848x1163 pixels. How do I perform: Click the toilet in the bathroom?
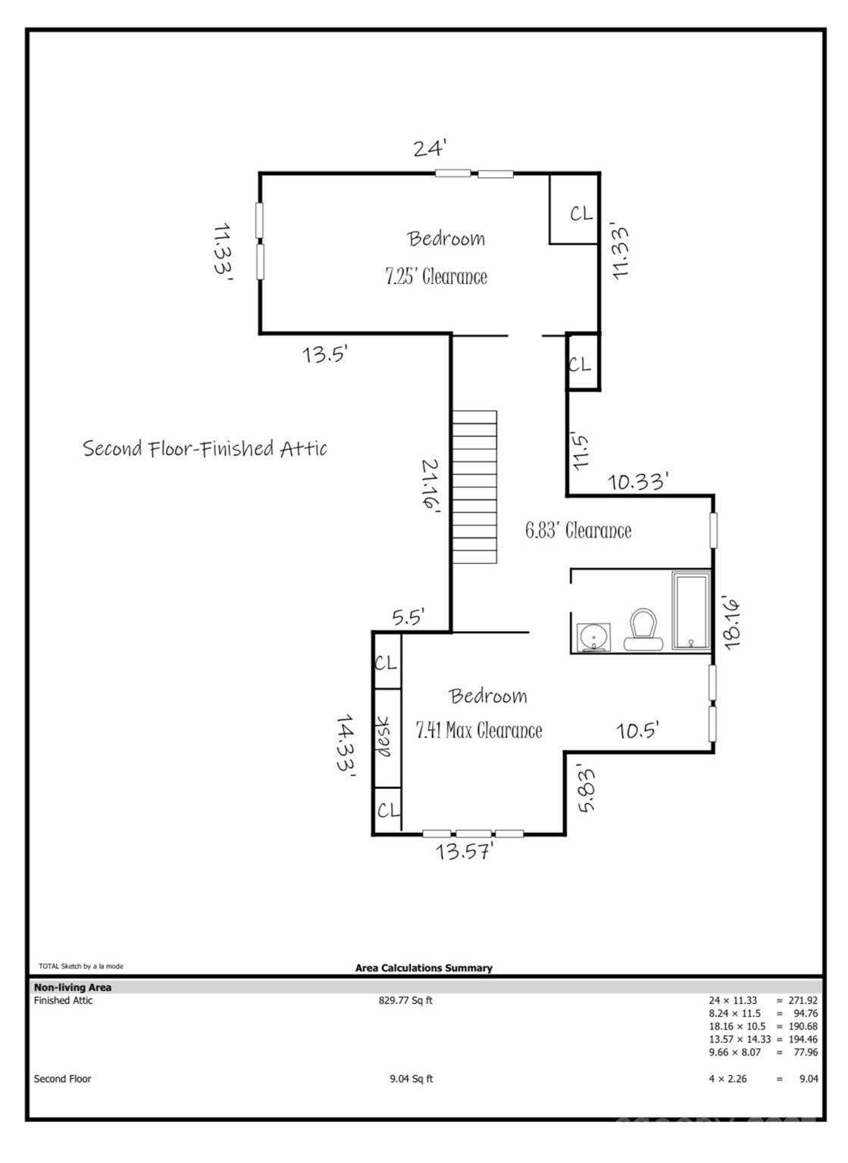click(643, 629)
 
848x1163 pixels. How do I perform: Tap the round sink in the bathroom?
click(593, 636)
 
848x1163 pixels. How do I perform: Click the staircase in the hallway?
click(474, 487)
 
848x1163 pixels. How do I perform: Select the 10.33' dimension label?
click(637, 482)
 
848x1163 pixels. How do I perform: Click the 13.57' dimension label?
click(464, 851)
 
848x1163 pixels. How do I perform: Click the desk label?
click(383, 737)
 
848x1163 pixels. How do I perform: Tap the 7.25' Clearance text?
click(436, 276)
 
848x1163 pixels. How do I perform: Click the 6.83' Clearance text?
click(578, 531)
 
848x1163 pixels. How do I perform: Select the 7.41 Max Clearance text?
click(479, 731)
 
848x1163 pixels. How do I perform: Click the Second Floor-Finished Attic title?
click(205, 448)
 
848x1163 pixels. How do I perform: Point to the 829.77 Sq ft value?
click(405, 1000)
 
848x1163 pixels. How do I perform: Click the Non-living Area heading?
click(73, 987)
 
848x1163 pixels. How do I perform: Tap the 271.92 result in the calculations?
click(803, 1000)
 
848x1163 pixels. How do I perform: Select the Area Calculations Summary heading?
click(424, 968)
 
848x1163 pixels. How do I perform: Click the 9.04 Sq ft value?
click(411, 1078)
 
